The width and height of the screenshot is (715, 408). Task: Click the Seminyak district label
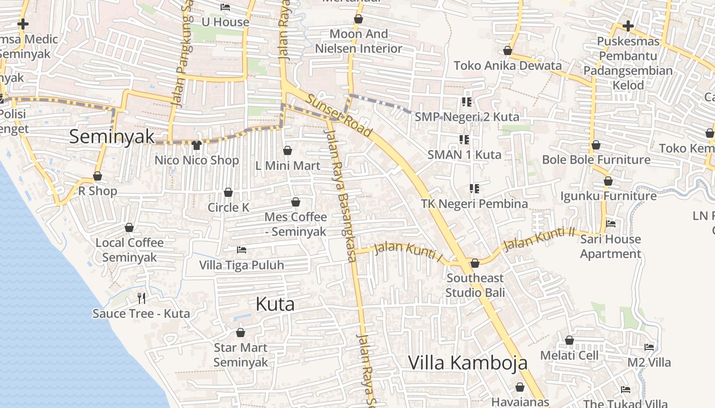tap(112, 136)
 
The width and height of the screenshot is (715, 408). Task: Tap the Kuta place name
tap(275, 304)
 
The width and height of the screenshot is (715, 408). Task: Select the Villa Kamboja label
tap(467, 363)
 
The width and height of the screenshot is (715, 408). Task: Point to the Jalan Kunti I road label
tap(408, 251)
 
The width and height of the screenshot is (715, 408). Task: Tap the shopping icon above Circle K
tap(228, 192)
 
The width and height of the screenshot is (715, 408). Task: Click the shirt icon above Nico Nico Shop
tap(197, 145)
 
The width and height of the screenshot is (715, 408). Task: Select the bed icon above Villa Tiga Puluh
tap(242, 250)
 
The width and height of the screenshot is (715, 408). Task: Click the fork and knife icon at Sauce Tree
tap(141, 298)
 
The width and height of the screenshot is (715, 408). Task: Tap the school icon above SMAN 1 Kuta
tap(464, 139)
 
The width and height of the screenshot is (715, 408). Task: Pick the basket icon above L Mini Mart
tap(288, 150)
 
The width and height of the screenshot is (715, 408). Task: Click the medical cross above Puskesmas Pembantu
tap(628, 25)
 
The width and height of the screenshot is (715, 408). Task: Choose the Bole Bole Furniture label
tap(596, 160)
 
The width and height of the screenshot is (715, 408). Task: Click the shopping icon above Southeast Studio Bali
tap(474, 263)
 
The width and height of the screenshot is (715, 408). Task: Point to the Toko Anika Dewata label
tap(507, 66)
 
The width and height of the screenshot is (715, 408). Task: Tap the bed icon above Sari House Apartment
tap(610, 224)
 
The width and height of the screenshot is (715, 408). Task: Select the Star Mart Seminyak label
tap(241, 355)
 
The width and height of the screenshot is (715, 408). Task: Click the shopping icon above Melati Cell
tap(569, 340)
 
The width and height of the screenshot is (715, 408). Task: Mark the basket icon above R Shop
tap(98, 176)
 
